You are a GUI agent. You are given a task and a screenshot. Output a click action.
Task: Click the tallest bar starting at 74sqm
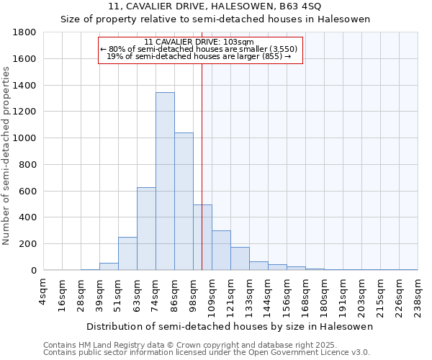(165, 181)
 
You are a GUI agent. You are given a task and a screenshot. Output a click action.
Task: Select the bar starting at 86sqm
(184, 202)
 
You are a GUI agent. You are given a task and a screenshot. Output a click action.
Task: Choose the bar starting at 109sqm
(221, 251)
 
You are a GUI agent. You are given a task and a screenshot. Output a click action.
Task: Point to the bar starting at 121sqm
(240, 258)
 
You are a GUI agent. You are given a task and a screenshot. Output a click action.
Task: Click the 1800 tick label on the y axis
(25, 32)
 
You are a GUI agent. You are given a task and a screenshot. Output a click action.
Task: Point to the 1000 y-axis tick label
(25, 138)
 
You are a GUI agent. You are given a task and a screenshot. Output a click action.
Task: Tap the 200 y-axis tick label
(28, 244)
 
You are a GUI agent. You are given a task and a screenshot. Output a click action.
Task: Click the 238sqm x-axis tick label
(418, 294)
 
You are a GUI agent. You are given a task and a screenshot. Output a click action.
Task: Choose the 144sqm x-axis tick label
(269, 294)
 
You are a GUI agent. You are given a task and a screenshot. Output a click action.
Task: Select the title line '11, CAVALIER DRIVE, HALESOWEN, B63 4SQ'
(215, 6)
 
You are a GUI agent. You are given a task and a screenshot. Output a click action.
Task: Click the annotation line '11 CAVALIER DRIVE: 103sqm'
(199, 42)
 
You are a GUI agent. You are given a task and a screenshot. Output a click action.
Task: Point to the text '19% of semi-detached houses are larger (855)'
(199, 56)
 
